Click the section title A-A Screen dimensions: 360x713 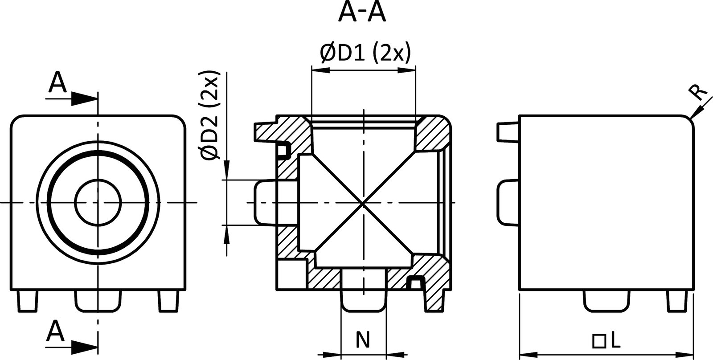tap(361, 13)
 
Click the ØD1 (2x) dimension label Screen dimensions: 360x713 tap(365, 53)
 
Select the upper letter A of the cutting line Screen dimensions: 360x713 tap(57, 83)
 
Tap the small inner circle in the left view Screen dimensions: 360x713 tap(98, 203)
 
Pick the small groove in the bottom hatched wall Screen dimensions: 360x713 tap(416, 282)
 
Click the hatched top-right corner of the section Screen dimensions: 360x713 tap(434, 134)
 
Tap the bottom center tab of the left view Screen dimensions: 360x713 tap(98, 301)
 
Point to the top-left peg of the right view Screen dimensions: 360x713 tap(508, 131)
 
